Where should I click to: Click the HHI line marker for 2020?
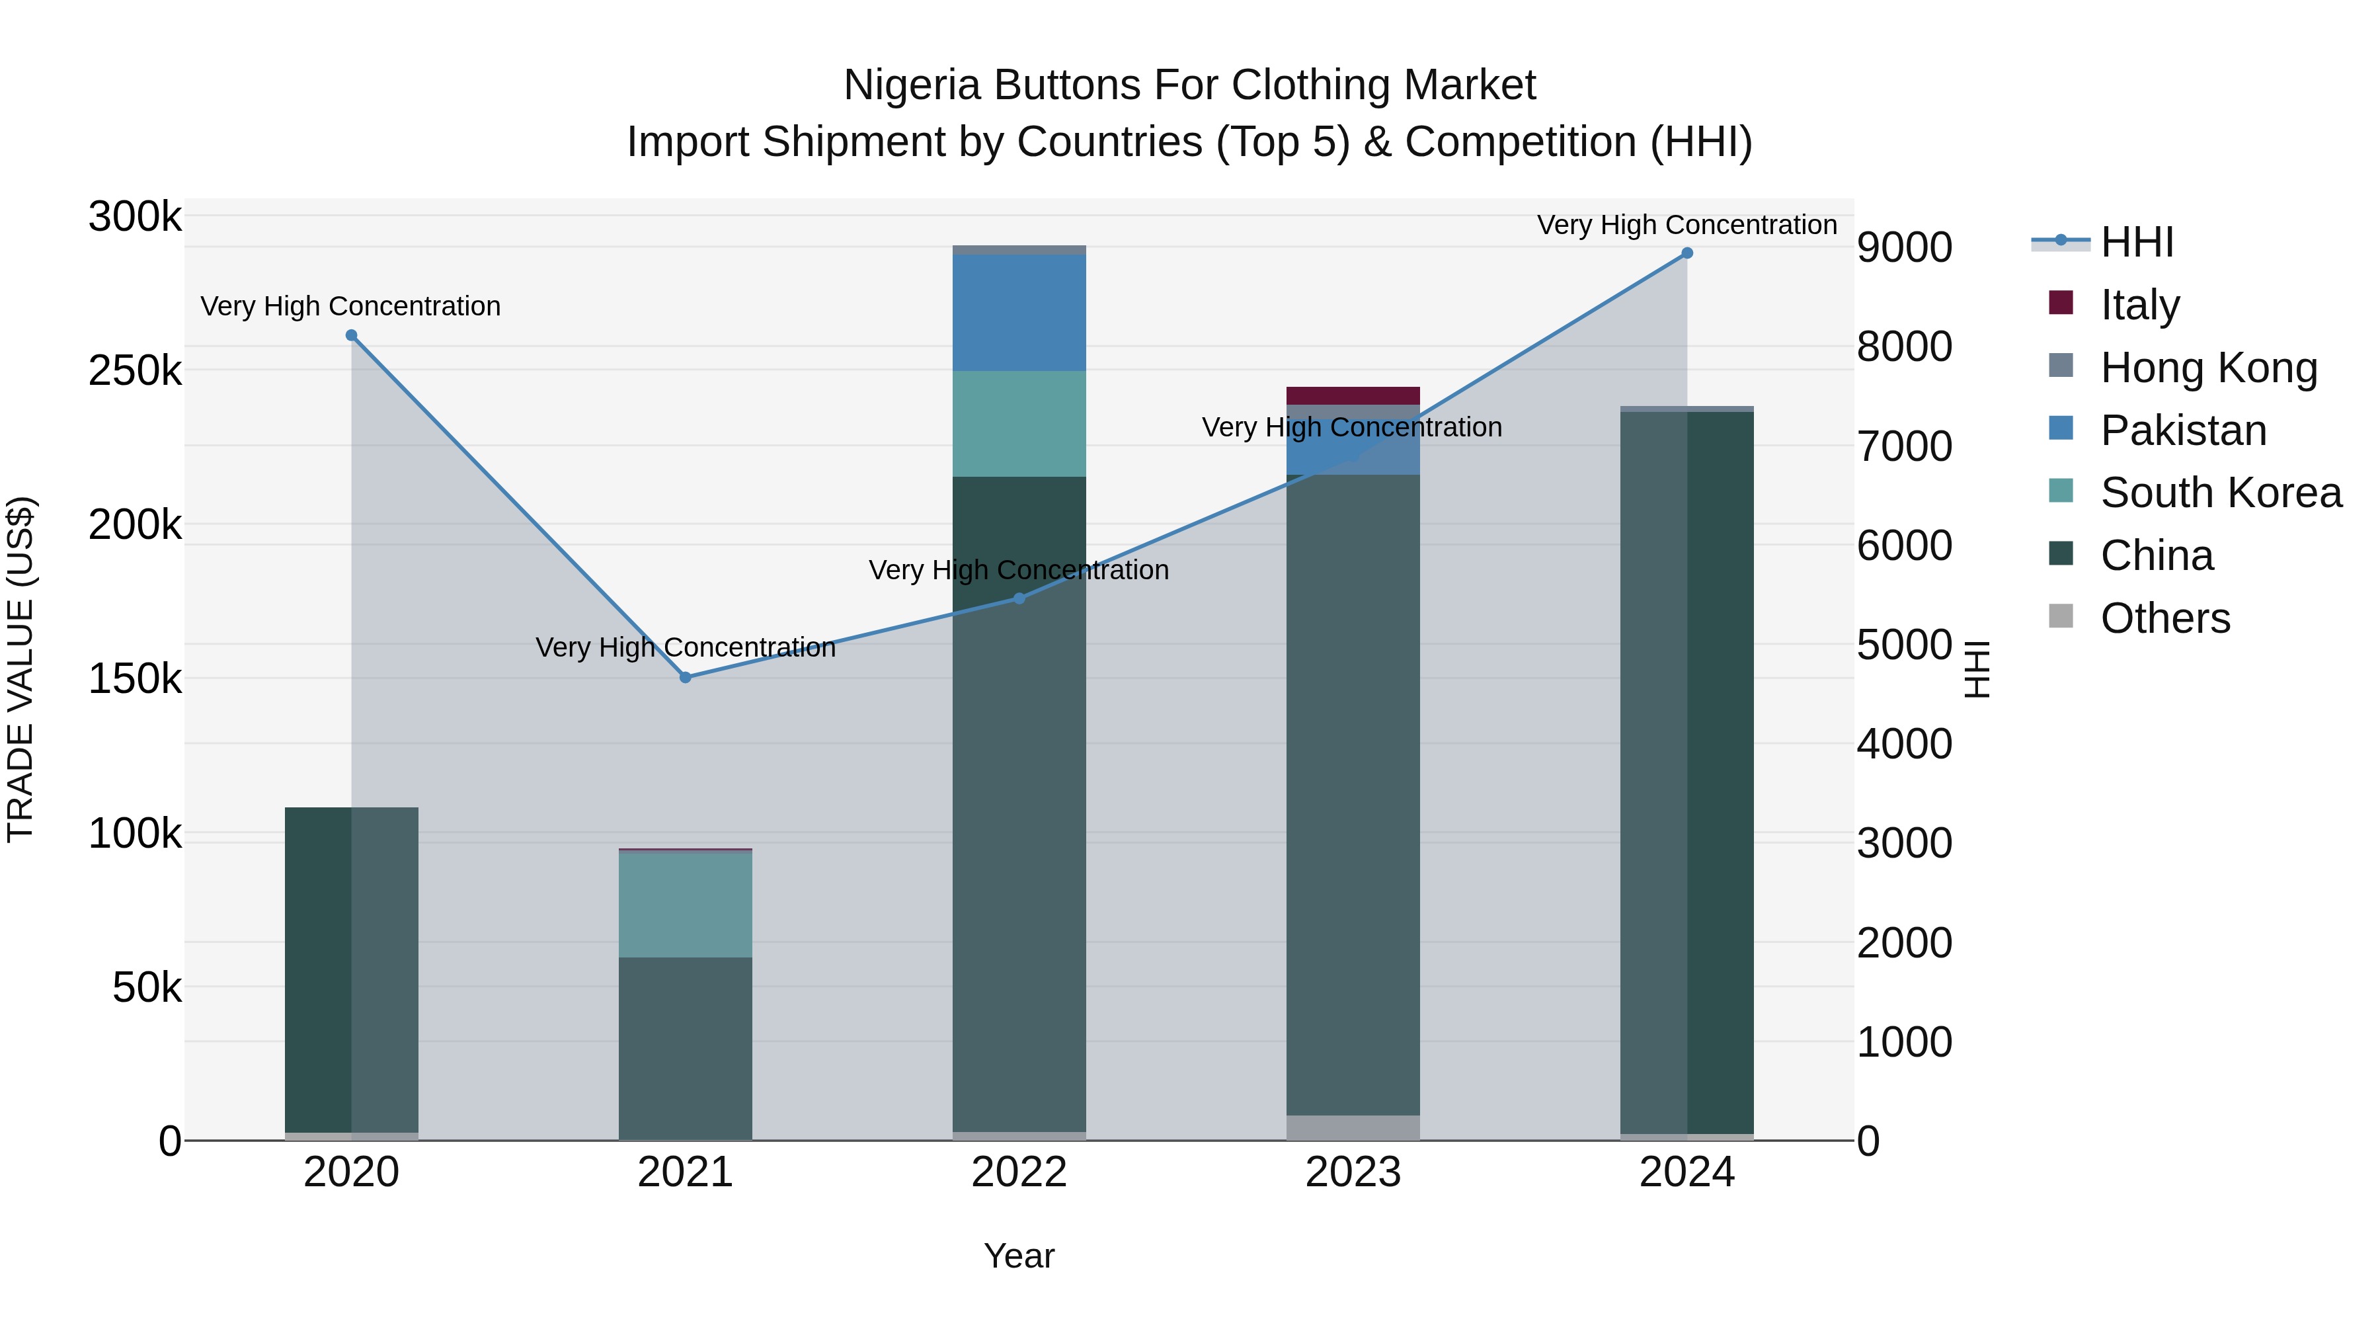pos(351,335)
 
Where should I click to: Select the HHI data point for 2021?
pos(686,677)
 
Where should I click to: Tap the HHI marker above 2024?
pos(1687,253)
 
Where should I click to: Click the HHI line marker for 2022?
pos(1019,599)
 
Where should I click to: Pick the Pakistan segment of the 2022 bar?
pos(1019,312)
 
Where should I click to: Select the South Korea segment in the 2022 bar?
pos(1019,423)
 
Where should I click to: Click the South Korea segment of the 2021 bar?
pos(686,904)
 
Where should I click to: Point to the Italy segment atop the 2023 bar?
pos(1353,395)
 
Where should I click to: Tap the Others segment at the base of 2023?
pos(1353,1127)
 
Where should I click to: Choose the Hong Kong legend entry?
pos(2208,367)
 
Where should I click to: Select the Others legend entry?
pos(2164,618)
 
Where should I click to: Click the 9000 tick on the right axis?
pos(1905,248)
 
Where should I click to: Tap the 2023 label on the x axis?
pos(1353,1172)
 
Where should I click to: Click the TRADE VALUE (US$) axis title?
pos(20,669)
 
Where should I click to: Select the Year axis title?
pos(1019,1256)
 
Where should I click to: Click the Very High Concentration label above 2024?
pos(1687,225)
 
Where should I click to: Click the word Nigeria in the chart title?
pos(911,85)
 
